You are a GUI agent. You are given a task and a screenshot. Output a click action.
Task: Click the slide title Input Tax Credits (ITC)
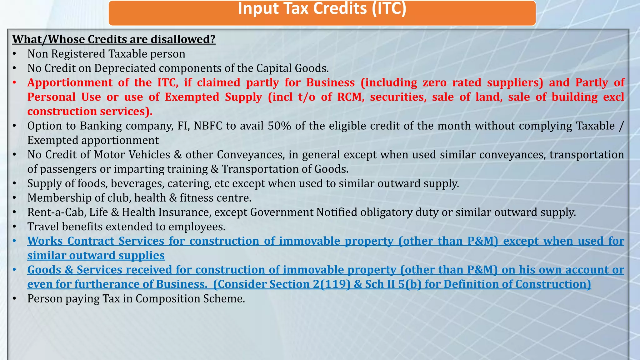pyautogui.click(x=322, y=9)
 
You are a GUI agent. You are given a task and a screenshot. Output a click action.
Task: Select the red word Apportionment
pyautogui.click(x=70, y=82)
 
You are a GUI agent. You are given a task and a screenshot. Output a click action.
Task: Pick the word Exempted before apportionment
pyautogui.click(x=53, y=140)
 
